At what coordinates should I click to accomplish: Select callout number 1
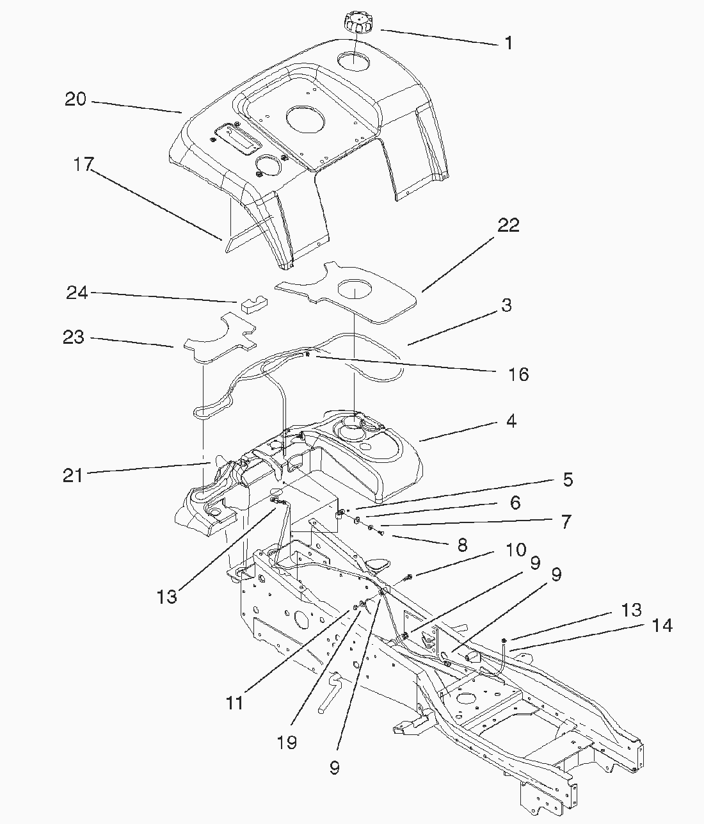(x=508, y=44)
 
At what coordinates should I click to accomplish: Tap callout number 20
(x=76, y=100)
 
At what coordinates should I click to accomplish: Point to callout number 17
(x=83, y=165)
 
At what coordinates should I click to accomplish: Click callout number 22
(x=509, y=225)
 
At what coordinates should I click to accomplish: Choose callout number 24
(x=77, y=293)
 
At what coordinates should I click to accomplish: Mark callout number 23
(x=74, y=337)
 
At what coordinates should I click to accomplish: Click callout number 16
(x=518, y=374)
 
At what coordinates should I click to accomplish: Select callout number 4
(x=511, y=421)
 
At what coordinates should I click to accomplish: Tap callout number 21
(x=72, y=476)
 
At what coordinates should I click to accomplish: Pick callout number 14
(x=662, y=625)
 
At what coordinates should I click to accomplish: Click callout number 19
(x=287, y=742)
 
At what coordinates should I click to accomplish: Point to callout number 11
(x=235, y=702)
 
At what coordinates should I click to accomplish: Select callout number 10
(x=516, y=549)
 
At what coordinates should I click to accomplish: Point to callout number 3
(x=506, y=305)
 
